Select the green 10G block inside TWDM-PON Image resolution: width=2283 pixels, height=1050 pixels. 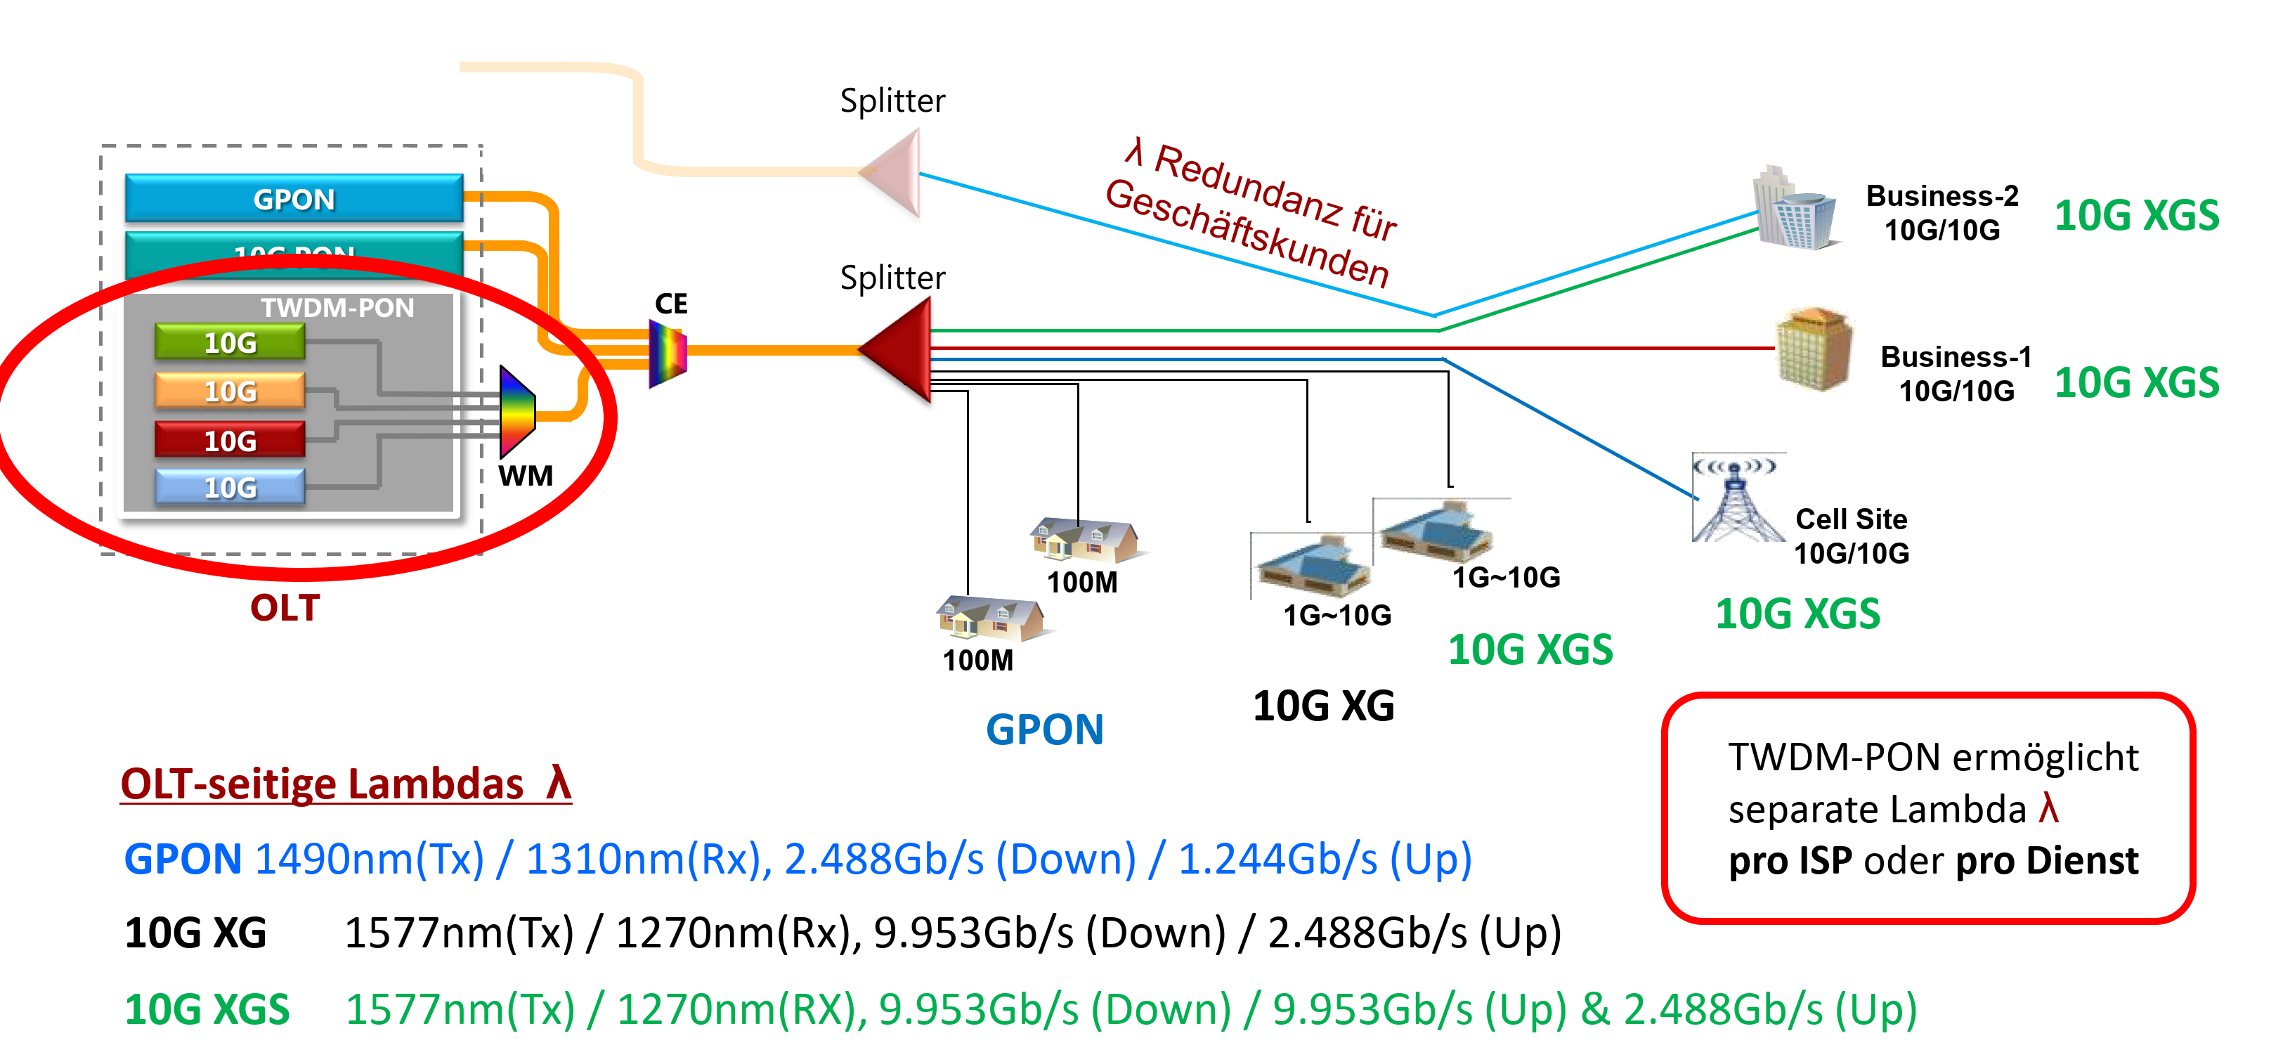(230, 342)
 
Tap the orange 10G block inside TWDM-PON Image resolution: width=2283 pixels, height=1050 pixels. (230, 391)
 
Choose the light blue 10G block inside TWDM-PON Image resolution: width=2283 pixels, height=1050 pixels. (230, 487)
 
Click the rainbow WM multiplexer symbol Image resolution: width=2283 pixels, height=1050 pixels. (516, 412)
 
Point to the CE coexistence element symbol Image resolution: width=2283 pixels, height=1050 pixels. (668, 353)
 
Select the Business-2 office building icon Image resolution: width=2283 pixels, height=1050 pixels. (1794, 210)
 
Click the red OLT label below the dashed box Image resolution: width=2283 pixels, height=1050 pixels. (285, 608)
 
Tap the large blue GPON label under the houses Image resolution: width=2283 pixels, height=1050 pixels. (1044, 730)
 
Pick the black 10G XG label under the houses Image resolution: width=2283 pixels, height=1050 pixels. (1323, 706)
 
